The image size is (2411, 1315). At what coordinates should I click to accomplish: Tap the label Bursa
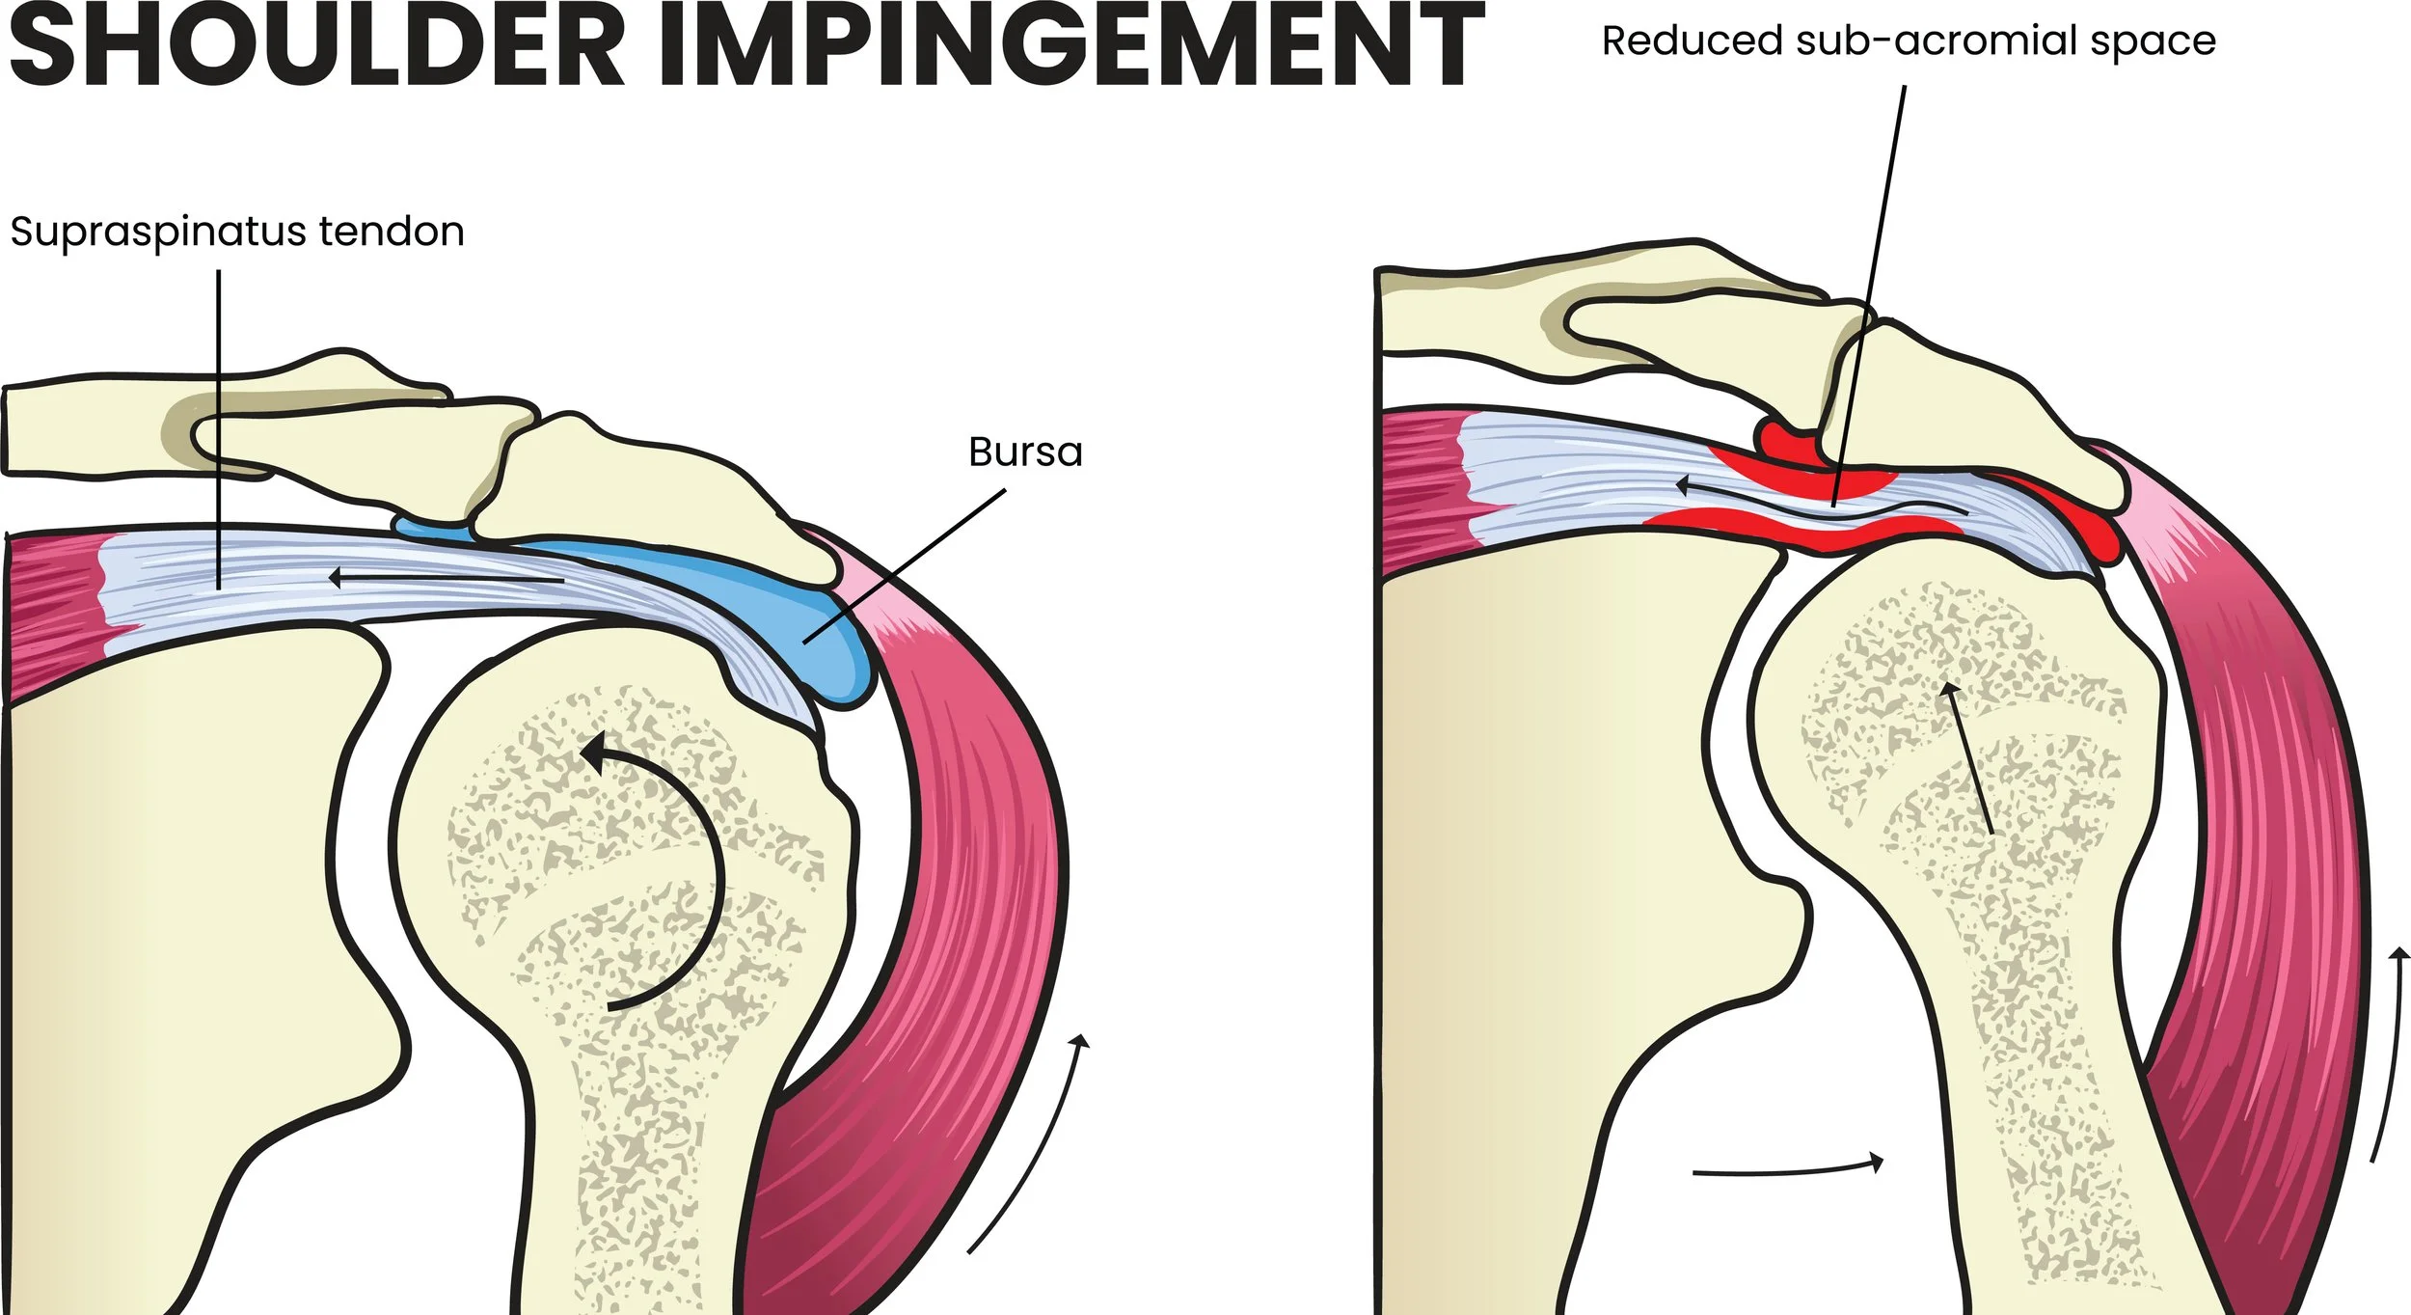click(1025, 452)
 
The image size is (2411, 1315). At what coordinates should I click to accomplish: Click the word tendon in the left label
click(392, 232)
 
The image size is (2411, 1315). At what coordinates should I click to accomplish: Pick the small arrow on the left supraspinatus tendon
click(444, 579)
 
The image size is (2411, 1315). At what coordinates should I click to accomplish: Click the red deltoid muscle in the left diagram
click(974, 868)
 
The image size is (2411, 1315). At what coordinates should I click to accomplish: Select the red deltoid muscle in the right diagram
click(2295, 868)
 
